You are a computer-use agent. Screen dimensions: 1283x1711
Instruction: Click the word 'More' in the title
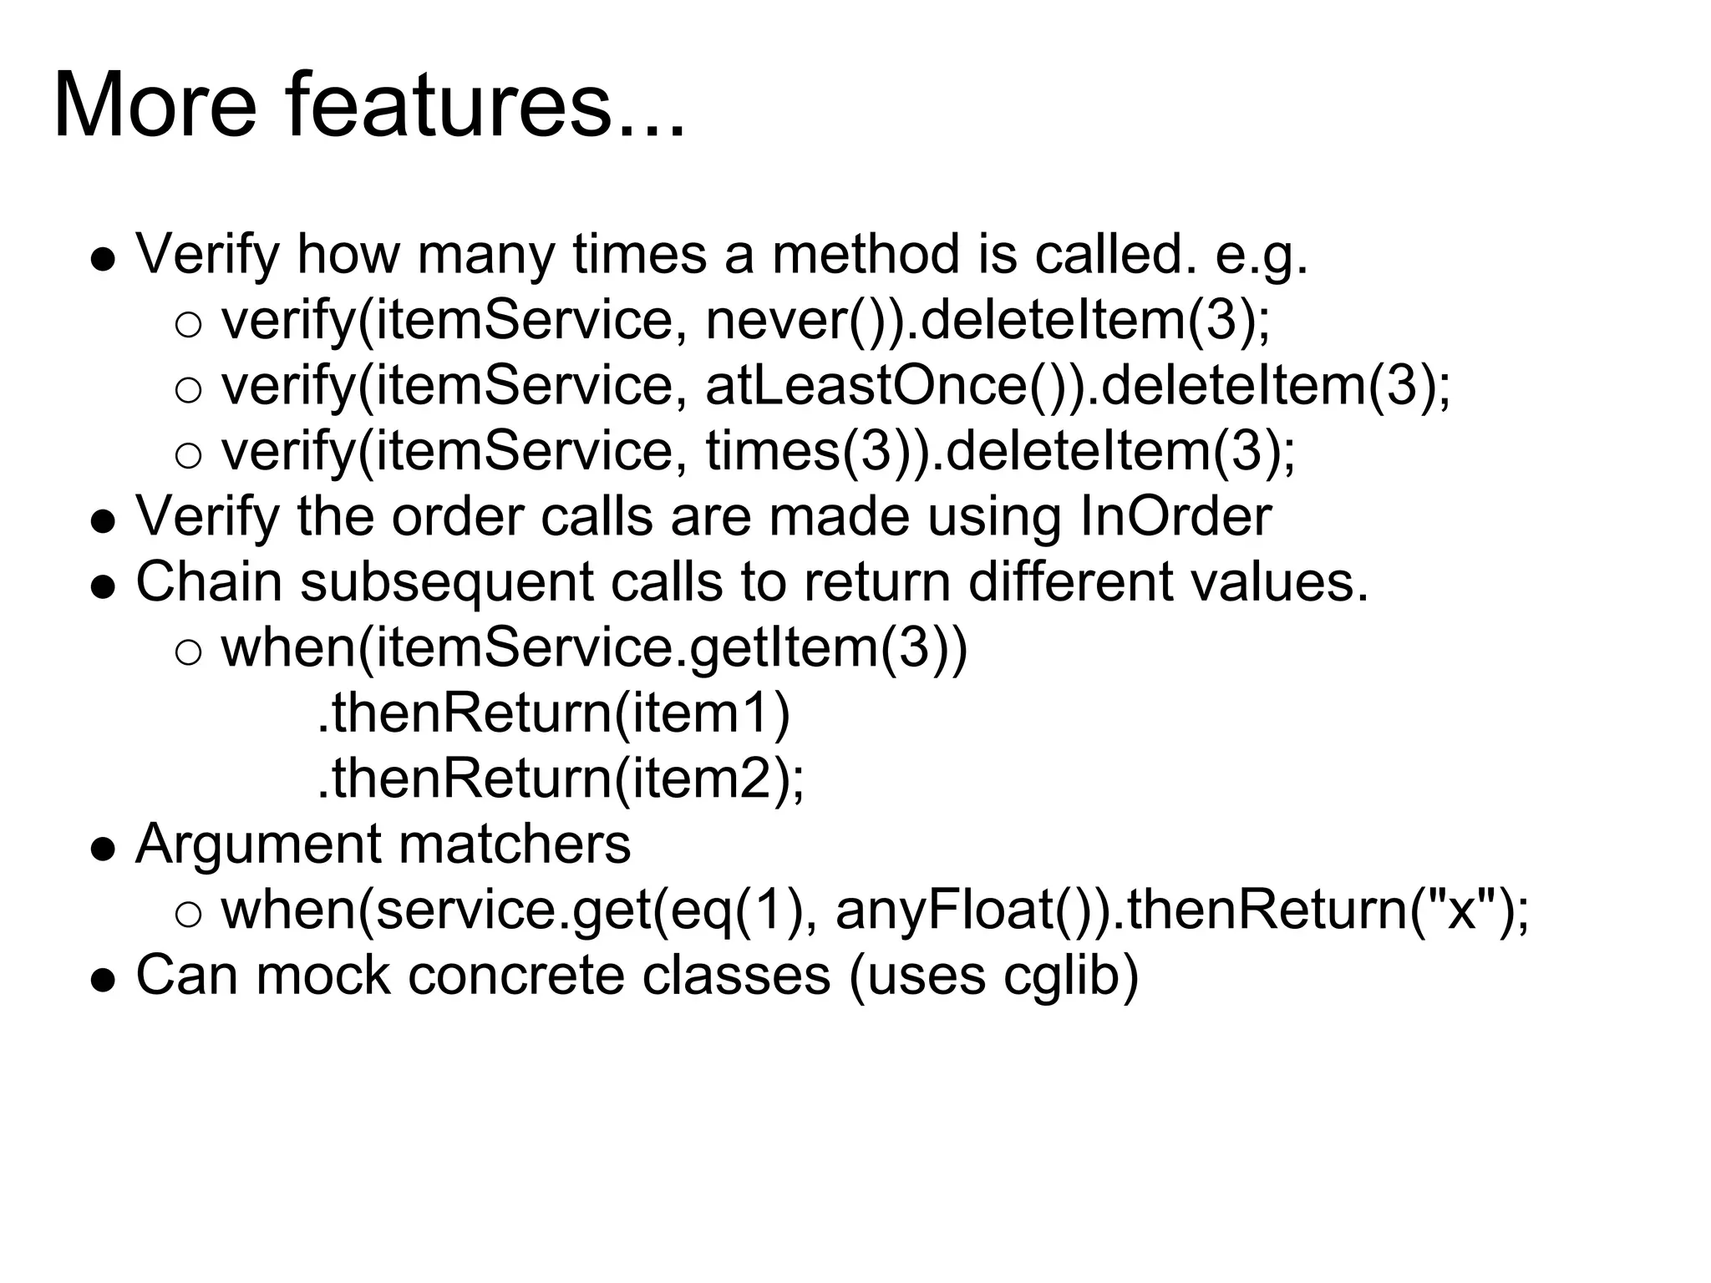[x=155, y=107]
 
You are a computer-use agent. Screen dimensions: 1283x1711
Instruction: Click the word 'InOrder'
[x=1175, y=516]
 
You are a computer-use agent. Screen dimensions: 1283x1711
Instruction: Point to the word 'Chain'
[x=209, y=582]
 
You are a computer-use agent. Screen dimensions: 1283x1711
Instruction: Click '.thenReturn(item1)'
[x=553, y=714]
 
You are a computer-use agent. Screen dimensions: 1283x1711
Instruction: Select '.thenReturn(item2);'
[x=560, y=779]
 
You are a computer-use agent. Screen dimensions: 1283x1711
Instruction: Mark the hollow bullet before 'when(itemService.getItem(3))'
[x=189, y=652]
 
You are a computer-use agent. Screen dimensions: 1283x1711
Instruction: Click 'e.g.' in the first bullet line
[x=1262, y=255]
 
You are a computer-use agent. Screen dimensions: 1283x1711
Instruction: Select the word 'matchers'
[x=515, y=844]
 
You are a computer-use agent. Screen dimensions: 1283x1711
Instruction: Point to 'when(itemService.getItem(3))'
[x=594, y=648]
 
